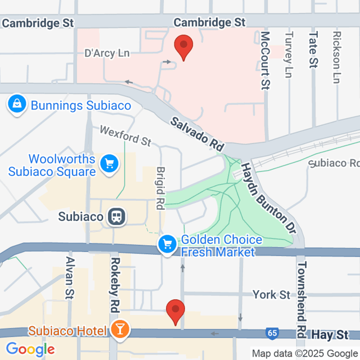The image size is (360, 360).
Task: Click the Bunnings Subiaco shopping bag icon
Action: pyautogui.click(x=17, y=104)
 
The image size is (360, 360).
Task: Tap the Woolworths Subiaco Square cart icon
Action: pyautogui.click(x=108, y=164)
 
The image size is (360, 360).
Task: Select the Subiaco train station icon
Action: pyautogui.click(x=118, y=216)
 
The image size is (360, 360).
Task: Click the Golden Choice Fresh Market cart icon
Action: pyautogui.click(x=167, y=244)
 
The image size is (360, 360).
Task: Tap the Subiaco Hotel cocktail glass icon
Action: pyautogui.click(x=120, y=328)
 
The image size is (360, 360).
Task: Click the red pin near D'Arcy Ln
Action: pyautogui.click(x=183, y=46)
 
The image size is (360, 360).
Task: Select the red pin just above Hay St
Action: pyautogui.click(x=175, y=312)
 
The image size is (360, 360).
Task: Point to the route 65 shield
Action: pyautogui.click(x=273, y=334)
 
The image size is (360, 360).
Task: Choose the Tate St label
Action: pyautogui.click(x=313, y=50)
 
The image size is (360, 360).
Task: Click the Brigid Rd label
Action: pyautogui.click(x=161, y=188)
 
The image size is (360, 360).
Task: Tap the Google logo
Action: pyautogui.click(x=31, y=349)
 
